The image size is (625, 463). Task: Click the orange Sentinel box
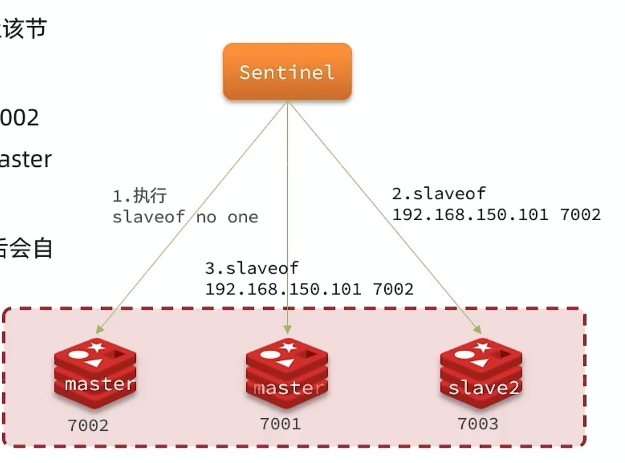point(287,72)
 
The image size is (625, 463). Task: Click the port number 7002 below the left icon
point(88,426)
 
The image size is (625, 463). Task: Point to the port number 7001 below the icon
point(280,423)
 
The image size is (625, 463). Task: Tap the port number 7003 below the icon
point(478,423)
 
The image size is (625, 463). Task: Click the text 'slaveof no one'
point(185,217)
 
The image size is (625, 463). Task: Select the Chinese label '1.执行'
point(140,196)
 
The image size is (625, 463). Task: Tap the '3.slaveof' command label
point(251,268)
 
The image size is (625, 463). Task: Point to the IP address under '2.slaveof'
point(497,215)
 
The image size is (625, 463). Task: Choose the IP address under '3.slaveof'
point(309,289)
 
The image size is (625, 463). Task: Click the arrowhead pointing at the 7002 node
point(100,328)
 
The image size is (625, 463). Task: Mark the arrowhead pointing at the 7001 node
point(287,329)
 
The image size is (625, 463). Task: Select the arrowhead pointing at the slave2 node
point(476,329)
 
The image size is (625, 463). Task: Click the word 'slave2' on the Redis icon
point(483,388)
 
